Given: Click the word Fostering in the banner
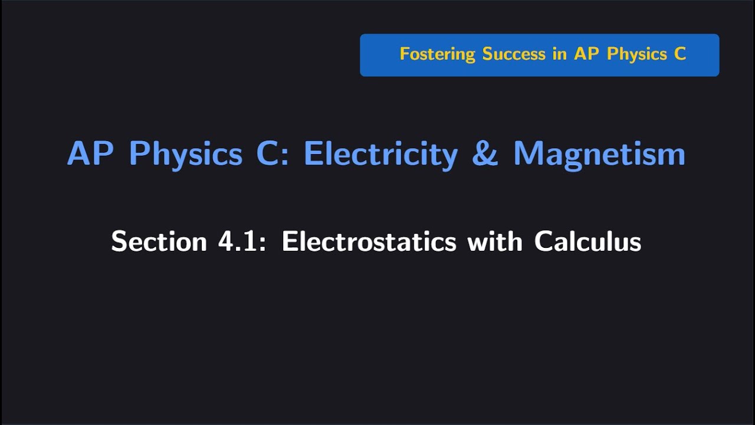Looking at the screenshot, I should (437, 54).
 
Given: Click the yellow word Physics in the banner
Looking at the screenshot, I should (637, 54).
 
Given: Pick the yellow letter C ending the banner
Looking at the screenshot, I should (680, 54).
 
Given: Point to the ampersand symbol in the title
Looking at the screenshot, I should (485, 154).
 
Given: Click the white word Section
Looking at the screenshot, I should (158, 241).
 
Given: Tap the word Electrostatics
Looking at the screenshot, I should (369, 241).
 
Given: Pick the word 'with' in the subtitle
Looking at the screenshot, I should (494, 241).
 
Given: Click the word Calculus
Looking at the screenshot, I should (587, 241).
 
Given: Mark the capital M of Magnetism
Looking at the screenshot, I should (528, 154).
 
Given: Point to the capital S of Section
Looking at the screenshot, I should (120, 241).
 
